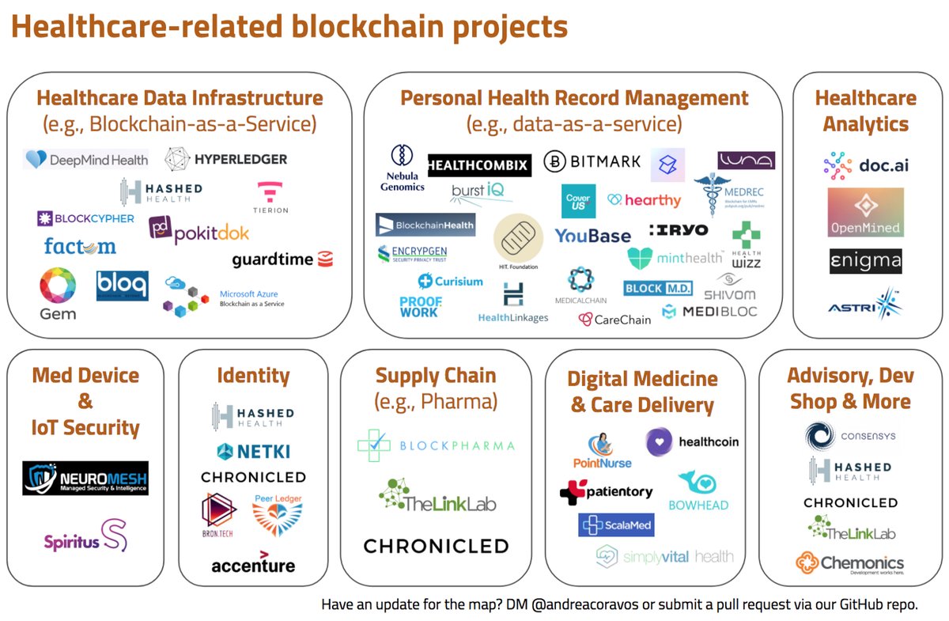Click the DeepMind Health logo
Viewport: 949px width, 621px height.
coord(86,160)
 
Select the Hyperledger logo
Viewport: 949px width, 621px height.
coord(226,159)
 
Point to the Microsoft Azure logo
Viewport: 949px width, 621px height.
coord(224,297)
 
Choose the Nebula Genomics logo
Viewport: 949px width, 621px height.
coord(401,168)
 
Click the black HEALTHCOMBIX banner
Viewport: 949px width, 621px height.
coord(478,165)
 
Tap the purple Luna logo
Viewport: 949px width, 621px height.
coord(746,161)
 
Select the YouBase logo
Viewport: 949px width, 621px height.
coord(592,236)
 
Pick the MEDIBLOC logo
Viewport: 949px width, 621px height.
coord(709,312)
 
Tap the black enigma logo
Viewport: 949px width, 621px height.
coord(865,261)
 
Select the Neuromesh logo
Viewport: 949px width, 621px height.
coord(85,479)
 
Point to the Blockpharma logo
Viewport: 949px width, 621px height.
coord(436,445)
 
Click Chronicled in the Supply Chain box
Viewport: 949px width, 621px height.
coord(436,546)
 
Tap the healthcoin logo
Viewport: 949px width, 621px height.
coord(692,442)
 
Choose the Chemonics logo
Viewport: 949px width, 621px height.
coord(850,563)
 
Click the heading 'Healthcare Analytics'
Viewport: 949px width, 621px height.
coord(865,111)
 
